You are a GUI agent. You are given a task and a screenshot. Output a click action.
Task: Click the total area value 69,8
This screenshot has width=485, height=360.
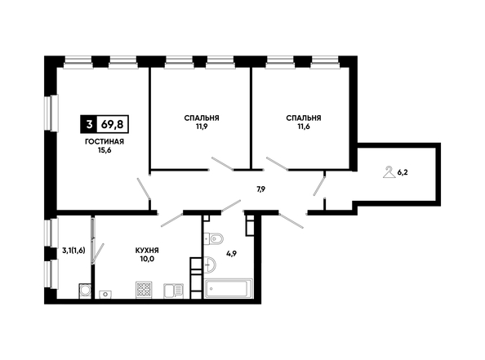click(113, 124)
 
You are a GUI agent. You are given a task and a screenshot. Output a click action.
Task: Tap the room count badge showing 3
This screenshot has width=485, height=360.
click(89, 124)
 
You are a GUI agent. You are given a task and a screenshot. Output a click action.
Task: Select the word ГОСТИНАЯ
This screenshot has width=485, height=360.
click(105, 142)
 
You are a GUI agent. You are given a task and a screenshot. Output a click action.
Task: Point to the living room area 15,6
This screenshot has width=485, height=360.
click(105, 150)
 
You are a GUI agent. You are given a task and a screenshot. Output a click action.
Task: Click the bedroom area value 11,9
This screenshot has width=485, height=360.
click(202, 127)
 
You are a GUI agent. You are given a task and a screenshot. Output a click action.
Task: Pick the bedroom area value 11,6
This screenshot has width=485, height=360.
click(303, 127)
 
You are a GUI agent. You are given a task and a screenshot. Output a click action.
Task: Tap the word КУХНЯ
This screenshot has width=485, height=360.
click(147, 251)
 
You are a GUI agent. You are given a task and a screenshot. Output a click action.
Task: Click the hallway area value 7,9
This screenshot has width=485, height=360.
click(260, 189)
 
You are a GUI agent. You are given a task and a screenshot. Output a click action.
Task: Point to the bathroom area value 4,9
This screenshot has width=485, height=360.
click(231, 255)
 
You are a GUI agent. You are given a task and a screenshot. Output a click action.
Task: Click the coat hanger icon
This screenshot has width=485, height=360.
click(389, 172)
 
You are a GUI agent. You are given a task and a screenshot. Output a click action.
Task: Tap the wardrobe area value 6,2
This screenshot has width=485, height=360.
click(403, 172)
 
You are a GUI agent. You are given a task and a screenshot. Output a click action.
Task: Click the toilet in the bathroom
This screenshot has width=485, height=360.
click(214, 238)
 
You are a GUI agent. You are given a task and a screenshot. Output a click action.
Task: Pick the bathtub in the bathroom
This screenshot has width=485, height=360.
click(229, 288)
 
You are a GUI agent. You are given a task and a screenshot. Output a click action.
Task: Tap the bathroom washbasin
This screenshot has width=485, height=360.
click(211, 264)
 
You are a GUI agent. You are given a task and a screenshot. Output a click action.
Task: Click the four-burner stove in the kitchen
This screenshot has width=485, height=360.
click(144, 290)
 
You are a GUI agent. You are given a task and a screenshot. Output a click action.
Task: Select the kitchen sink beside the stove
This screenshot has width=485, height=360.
click(174, 291)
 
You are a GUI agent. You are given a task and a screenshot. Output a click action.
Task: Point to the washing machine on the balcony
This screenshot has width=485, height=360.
click(85, 291)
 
